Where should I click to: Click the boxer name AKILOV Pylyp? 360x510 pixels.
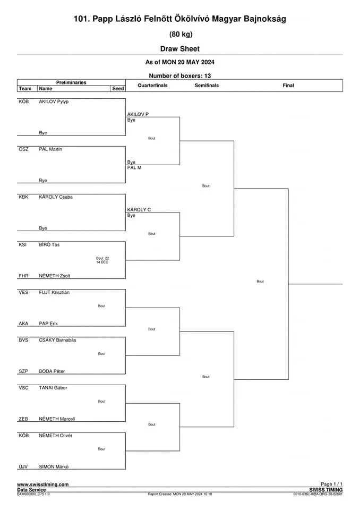54,101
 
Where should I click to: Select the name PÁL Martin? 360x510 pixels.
50,149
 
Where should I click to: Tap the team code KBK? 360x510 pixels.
23,197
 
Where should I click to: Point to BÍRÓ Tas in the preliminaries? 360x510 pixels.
49,244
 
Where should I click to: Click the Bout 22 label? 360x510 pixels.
102,258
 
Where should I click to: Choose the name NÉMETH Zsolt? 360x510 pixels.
54,276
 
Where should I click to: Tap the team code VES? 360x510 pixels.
23,292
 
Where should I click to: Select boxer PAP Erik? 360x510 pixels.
48,324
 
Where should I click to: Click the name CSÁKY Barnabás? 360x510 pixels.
57,340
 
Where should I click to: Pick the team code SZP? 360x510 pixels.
23,371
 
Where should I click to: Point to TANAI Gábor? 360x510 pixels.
53,388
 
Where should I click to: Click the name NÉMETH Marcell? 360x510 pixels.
57,419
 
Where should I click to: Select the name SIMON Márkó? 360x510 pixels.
54,467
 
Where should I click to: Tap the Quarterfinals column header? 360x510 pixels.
152,86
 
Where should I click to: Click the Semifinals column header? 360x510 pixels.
207,86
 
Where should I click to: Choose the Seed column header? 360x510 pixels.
118,89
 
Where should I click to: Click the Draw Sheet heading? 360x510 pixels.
180,49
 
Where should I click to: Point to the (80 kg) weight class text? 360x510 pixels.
181,34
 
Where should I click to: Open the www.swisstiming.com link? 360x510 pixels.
43,484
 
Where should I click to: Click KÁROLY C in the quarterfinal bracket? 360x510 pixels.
139,210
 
